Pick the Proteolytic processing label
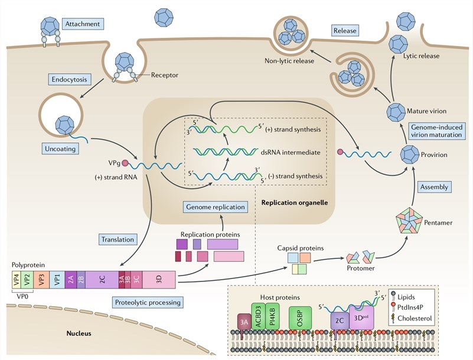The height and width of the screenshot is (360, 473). pyautogui.click(x=147, y=302)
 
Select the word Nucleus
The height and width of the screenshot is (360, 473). pyautogui.click(x=79, y=333)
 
